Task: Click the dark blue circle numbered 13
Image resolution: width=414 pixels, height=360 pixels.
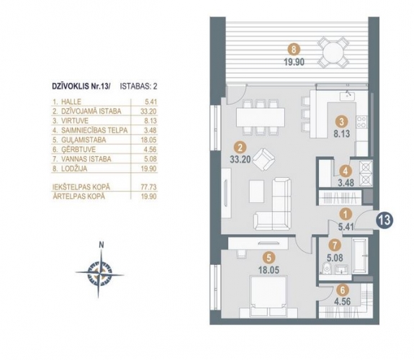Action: (385, 220)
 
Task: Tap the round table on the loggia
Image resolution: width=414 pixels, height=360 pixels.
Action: (333, 53)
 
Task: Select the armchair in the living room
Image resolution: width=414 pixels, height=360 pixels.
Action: (264, 159)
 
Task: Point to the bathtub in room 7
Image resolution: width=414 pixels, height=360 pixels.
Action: (361, 256)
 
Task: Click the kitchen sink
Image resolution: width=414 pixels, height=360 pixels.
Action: (348, 96)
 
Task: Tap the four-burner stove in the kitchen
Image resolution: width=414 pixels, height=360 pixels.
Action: (361, 122)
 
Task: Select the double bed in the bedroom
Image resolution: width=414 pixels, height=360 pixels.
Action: (269, 297)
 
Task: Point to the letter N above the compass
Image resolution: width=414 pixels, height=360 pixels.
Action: (101, 245)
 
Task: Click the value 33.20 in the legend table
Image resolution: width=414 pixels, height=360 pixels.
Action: (148, 111)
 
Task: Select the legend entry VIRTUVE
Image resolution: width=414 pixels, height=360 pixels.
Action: (75, 121)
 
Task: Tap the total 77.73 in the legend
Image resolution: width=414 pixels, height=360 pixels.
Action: (148, 187)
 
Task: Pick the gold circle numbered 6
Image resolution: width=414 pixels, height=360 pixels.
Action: (343, 290)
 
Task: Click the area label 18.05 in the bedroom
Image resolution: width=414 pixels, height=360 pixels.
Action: (269, 270)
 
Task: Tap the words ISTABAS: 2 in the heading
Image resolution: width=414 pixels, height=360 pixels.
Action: (138, 86)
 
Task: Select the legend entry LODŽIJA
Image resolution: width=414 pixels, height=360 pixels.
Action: (74, 168)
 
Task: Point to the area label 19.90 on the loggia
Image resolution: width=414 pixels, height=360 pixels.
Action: (294, 62)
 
